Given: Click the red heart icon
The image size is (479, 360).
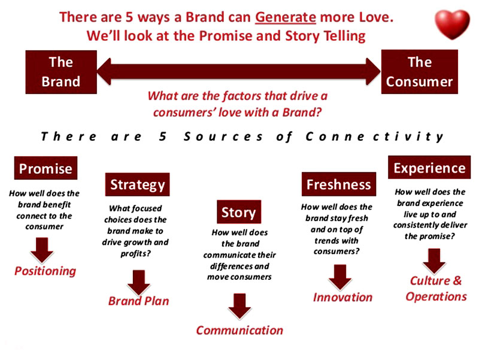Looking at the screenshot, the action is pyautogui.click(x=452, y=25).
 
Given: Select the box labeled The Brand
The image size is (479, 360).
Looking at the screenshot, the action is pyautogui.click(x=61, y=72).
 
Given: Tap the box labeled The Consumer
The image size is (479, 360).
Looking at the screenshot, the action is pyautogui.click(x=420, y=72).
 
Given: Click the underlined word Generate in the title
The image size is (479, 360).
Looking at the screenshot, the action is pyautogui.click(x=286, y=17).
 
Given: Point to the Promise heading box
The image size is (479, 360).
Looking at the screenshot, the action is pyautogui.click(x=46, y=168).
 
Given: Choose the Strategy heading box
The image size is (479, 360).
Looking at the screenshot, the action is pyautogui.click(x=137, y=184).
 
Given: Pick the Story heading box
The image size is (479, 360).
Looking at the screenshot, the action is pyautogui.click(x=239, y=212).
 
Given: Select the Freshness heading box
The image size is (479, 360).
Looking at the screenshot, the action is pyautogui.click(x=339, y=184).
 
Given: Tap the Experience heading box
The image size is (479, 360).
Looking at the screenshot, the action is pyautogui.click(x=429, y=168).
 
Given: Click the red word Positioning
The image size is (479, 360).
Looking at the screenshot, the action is pyautogui.click(x=46, y=271).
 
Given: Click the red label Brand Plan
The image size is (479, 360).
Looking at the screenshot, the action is pyautogui.click(x=138, y=301).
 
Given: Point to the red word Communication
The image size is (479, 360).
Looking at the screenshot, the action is pyautogui.click(x=239, y=331).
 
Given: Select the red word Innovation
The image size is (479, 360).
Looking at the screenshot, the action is pyautogui.click(x=342, y=297).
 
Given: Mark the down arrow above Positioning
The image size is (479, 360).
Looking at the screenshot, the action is pyautogui.click(x=42, y=250).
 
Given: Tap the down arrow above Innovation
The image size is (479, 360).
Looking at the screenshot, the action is pyautogui.click(x=340, y=277).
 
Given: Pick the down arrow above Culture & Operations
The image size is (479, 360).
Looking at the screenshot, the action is pyautogui.click(x=434, y=261).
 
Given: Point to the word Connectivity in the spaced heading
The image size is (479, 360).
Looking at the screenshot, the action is pyautogui.click(x=375, y=137).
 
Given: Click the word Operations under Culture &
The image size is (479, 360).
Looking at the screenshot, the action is pyautogui.click(x=436, y=297).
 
